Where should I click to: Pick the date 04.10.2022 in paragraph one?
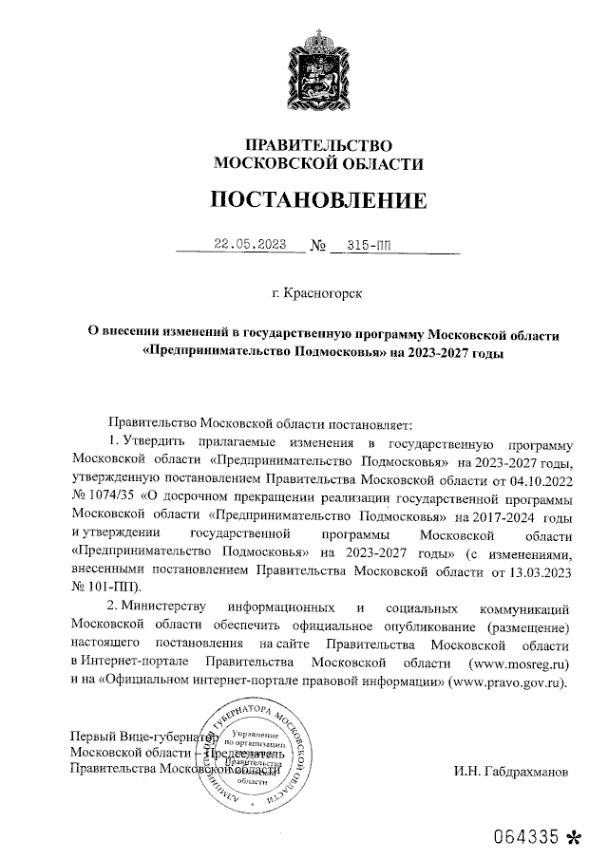coord(541,479)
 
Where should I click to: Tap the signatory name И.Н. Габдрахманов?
coord(510,771)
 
